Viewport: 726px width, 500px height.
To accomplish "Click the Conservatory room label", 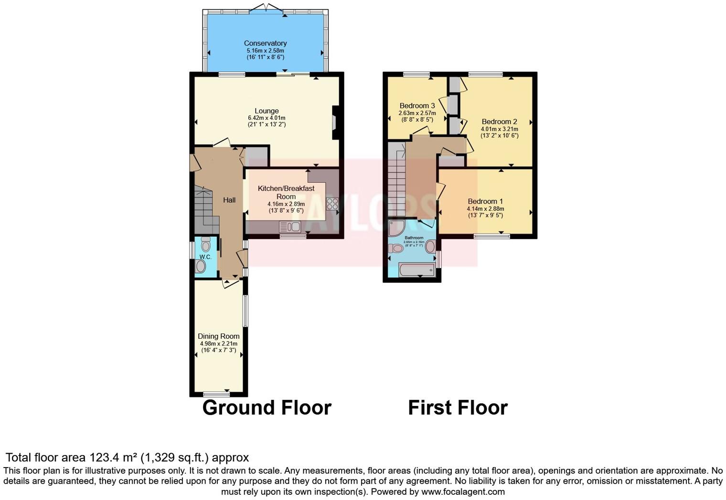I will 265,43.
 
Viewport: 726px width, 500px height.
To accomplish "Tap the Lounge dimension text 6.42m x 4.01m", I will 267,118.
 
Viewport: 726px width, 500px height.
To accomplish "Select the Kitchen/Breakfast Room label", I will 286,192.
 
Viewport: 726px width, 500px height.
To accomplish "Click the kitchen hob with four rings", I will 332,204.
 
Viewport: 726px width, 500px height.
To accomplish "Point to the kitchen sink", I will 290,227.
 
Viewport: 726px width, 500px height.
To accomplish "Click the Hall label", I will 229,200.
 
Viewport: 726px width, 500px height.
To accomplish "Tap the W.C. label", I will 205,257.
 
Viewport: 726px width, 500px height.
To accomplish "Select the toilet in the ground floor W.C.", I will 206,244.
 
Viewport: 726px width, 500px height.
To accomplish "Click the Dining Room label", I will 219,336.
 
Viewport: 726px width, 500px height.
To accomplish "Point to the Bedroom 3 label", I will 417,105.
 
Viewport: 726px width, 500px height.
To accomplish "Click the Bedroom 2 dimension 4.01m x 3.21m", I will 499,129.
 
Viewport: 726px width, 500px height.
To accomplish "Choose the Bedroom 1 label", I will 485,201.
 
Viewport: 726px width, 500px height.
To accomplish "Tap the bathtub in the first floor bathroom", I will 416,270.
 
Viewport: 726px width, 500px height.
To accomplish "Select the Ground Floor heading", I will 267,408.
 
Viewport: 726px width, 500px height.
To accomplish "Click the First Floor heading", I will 458,408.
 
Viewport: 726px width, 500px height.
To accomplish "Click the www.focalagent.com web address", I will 463,491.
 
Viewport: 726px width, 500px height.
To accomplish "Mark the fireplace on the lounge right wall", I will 335,122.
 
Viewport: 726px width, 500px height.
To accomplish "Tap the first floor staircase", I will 396,186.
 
